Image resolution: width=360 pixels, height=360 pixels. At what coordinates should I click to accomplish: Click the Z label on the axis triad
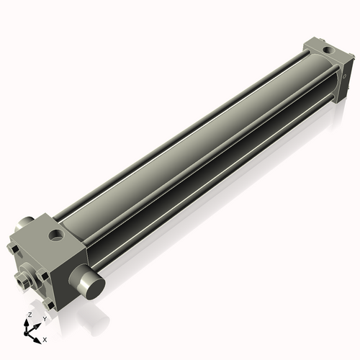tap(29, 315)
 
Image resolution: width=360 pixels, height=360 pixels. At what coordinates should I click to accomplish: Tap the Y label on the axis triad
tap(44, 318)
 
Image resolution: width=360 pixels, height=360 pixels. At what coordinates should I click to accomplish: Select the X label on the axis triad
tap(45, 338)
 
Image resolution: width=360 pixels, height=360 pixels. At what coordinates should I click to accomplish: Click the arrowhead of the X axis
tap(39, 336)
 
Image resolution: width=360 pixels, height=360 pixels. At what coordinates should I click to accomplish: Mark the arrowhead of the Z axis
tap(27, 321)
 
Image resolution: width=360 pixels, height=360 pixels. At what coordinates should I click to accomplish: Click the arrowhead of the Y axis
tap(37, 325)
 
